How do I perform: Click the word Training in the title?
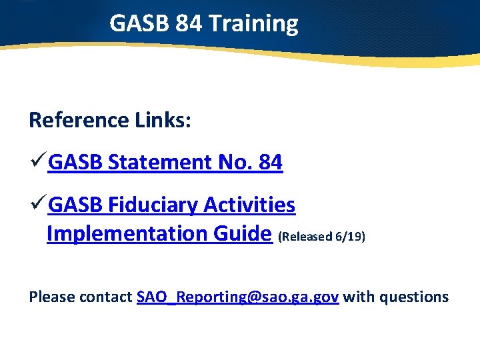(253, 24)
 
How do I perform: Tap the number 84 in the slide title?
(189, 24)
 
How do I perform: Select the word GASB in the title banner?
(139, 24)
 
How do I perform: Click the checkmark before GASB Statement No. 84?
(38, 162)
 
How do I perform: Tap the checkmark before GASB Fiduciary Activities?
(38, 205)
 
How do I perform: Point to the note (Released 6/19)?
(321, 237)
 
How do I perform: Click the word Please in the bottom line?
(52, 297)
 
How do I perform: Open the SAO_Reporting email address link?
(238, 297)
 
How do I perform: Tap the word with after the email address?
(358, 297)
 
